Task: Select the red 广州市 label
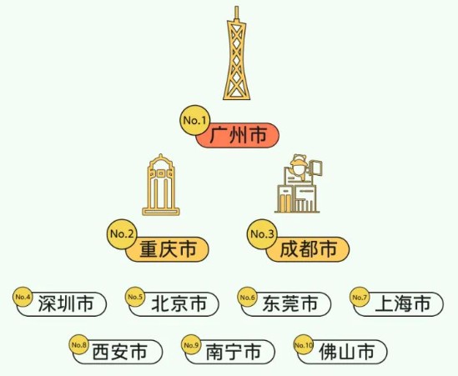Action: coord(238,135)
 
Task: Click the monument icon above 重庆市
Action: coord(161,185)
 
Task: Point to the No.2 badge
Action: coord(123,233)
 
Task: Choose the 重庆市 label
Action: coord(168,249)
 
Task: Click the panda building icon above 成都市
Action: coord(298,183)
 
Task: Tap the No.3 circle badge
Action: coord(262,233)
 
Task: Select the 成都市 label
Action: coord(308,249)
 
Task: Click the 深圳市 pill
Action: coord(62,304)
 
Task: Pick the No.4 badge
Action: coord(23,297)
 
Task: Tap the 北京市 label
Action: coord(174,304)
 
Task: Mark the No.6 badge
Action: coord(248,297)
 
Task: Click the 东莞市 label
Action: coord(286,304)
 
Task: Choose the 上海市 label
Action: coord(399,304)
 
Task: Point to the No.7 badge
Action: coord(360,297)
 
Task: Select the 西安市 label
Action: coord(118,352)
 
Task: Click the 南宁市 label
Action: coord(230,352)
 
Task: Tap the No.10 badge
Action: coord(304,345)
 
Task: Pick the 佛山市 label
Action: coord(342,352)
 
